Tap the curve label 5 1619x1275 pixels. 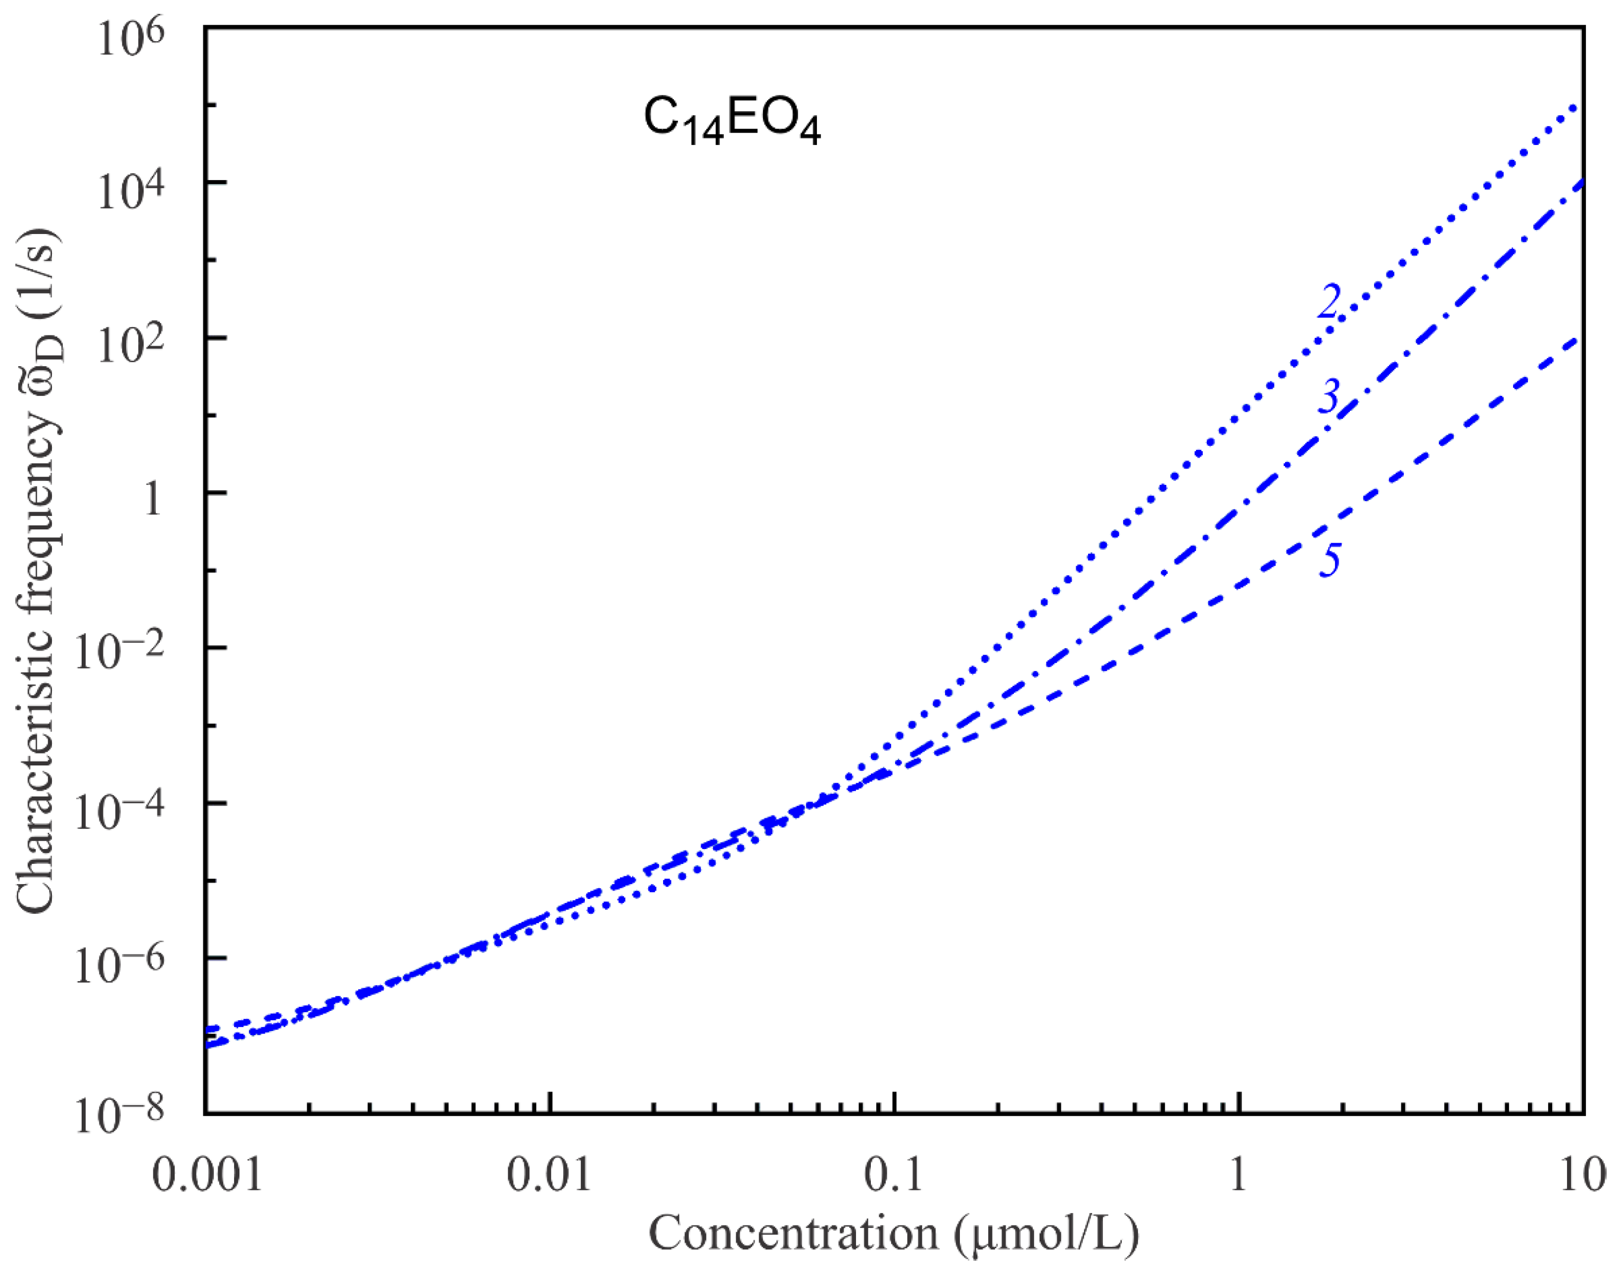tap(1330, 560)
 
